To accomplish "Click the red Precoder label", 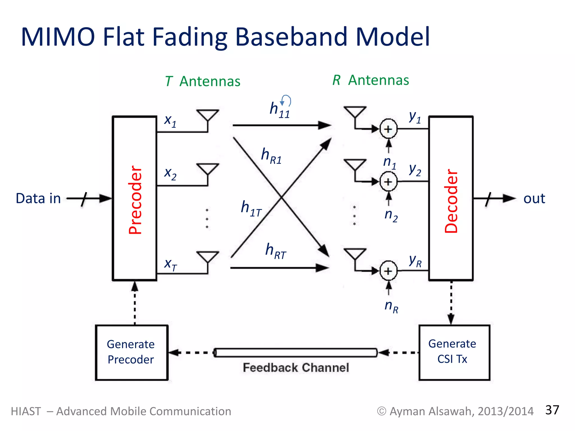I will tap(135, 200).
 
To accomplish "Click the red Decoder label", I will tap(451, 201).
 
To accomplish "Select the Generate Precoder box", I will tap(131, 352).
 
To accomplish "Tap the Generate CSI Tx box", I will tap(454, 352).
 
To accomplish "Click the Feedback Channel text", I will tap(296, 368).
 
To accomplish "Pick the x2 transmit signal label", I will tap(170, 173).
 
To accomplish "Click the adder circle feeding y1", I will tap(388, 129).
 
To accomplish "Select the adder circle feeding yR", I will tap(388, 271).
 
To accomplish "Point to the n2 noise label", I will tap(391, 215).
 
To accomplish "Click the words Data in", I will tap(38, 198).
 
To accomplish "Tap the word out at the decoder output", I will tap(534, 198).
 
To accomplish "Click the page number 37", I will tap(552, 410).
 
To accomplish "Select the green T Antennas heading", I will tap(203, 81).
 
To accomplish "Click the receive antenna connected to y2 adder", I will tap(355, 166).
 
